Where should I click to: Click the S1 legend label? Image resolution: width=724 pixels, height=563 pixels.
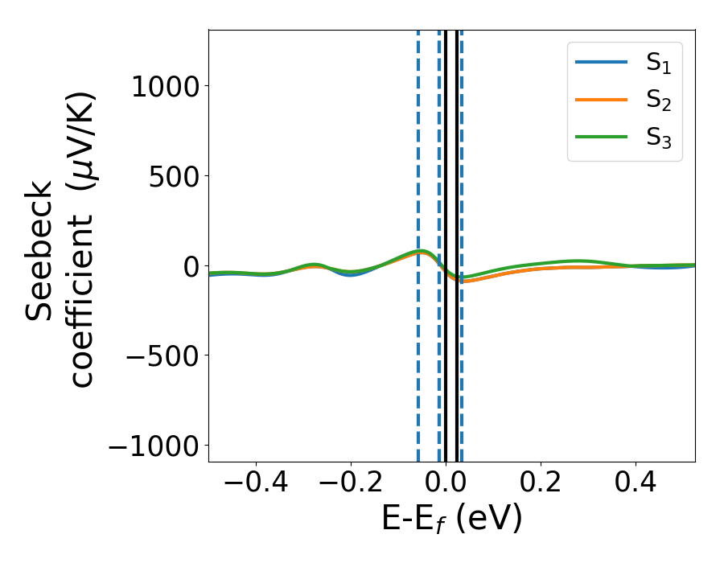658,64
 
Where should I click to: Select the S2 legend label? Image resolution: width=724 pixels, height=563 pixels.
658,101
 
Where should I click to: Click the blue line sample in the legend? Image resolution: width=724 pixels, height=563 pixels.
601,63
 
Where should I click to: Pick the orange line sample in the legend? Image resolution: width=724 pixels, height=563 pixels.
601,100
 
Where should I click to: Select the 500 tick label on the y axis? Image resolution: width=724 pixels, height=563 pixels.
175,176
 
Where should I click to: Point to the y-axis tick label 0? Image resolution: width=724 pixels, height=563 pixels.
191,266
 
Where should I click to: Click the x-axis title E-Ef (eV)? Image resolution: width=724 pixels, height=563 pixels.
451,519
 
